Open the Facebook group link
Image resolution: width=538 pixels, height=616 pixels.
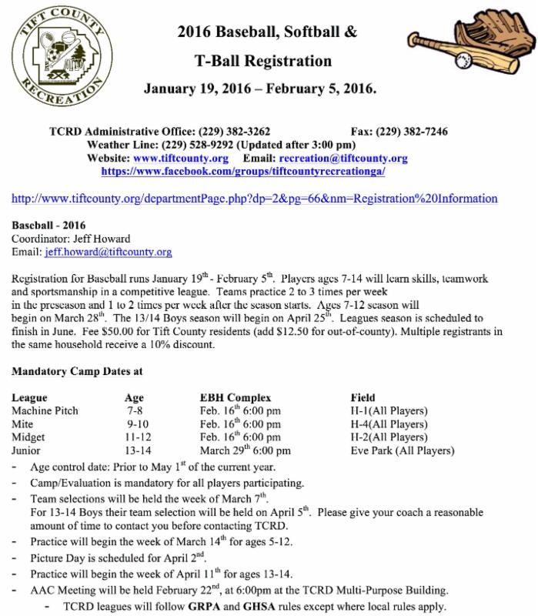click(243, 171)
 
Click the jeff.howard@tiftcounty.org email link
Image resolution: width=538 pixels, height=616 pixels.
click(107, 252)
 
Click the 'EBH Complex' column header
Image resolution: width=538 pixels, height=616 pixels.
click(235, 397)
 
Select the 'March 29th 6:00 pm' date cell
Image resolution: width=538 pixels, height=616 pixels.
click(245, 450)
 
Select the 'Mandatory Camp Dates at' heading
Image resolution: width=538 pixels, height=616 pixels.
click(77, 370)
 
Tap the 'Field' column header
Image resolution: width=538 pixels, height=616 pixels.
click(363, 397)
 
